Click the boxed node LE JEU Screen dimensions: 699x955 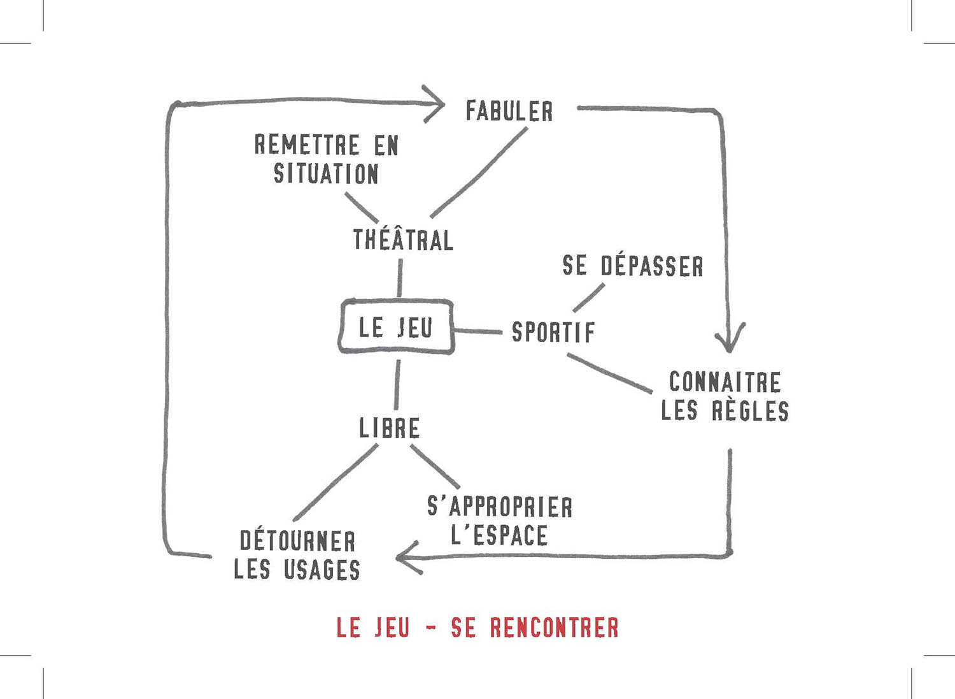pyautogui.click(x=395, y=327)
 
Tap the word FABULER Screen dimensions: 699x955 pyautogui.click(x=509, y=112)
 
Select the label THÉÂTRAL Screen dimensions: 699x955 pyautogui.click(x=403, y=240)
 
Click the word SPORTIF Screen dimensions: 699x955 pyautogui.click(x=553, y=332)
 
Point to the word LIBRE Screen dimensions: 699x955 pyautogui.click(x=389, y=428)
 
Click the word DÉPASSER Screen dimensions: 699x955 pyautogui.click(x=652, y=266)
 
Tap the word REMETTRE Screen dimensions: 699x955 pyautogui.click(x=307, y=145)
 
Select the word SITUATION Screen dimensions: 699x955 pyautogui.click(x=326, y=174)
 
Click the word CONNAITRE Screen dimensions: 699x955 pyautogui.click(x=725, y=382)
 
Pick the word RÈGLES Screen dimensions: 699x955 pyautogui.click(x=750, y=411)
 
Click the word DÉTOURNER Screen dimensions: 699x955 pyautogui.click(x=297, y=541)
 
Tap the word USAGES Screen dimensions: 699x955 pyautogui.click(x=322, y=570)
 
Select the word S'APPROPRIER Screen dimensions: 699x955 pyautogui.click(x=500, y=507)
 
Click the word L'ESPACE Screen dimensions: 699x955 pyautogui.click(x=499, y=535)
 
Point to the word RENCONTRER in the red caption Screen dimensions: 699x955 pyautogui.click(x=554, y=628)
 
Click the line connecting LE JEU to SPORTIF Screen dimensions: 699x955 pyautogui.click(x=478, y=331)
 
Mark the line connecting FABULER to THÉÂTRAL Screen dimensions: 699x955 pyautogui.click(x=479, y=172)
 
